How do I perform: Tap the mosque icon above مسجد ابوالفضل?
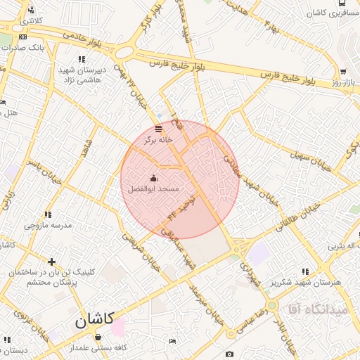point(153,178)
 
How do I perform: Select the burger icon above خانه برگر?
point(158,129)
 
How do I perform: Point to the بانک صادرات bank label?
point(42,46)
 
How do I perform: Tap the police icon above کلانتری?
point(30,10)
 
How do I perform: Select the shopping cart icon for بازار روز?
point(342,72)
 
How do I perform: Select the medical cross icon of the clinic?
point(51,262)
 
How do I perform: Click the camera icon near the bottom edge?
point(229,353)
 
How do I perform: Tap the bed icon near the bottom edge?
point(173,342)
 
